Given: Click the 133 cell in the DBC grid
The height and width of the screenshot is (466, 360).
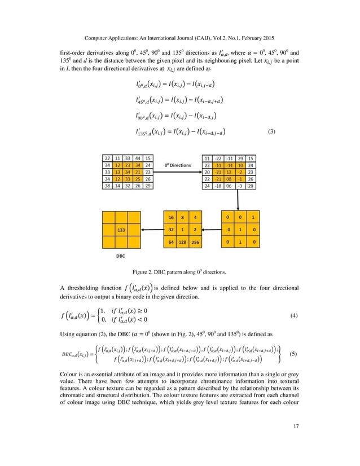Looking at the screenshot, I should pos(120,230).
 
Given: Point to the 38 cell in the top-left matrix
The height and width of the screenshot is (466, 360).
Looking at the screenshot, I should pos(107,184).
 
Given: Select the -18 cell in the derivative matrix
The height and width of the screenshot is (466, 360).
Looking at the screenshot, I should pos(217,185).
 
